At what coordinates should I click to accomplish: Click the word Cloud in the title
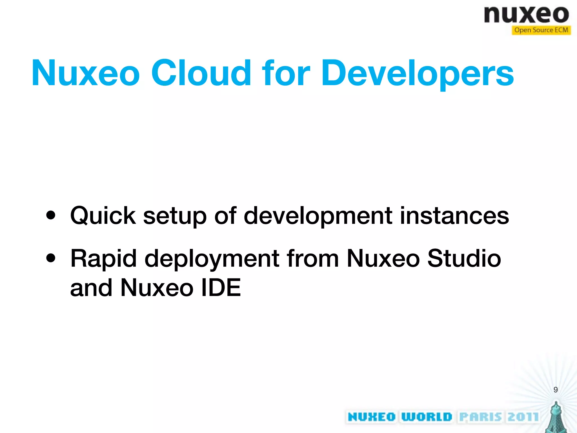[x=201, y=73]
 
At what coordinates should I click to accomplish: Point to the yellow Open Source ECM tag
[x=541, y=30]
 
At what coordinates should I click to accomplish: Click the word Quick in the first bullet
[x=103, y=216]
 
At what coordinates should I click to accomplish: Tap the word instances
[x=454, y=216]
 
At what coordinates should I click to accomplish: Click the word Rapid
[x=103, y=259]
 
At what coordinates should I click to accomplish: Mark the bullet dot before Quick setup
[x=51, y=216]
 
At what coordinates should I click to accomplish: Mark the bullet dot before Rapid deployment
[x=51, y=258]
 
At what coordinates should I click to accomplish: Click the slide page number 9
[x=555, y=390]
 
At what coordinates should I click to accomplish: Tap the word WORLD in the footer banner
[x=426, y=417]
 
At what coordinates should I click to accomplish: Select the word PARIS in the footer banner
[x=481, y=417]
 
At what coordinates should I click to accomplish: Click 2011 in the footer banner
[x=523, y=417]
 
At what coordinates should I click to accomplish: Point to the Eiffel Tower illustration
[x=556, y=418]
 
